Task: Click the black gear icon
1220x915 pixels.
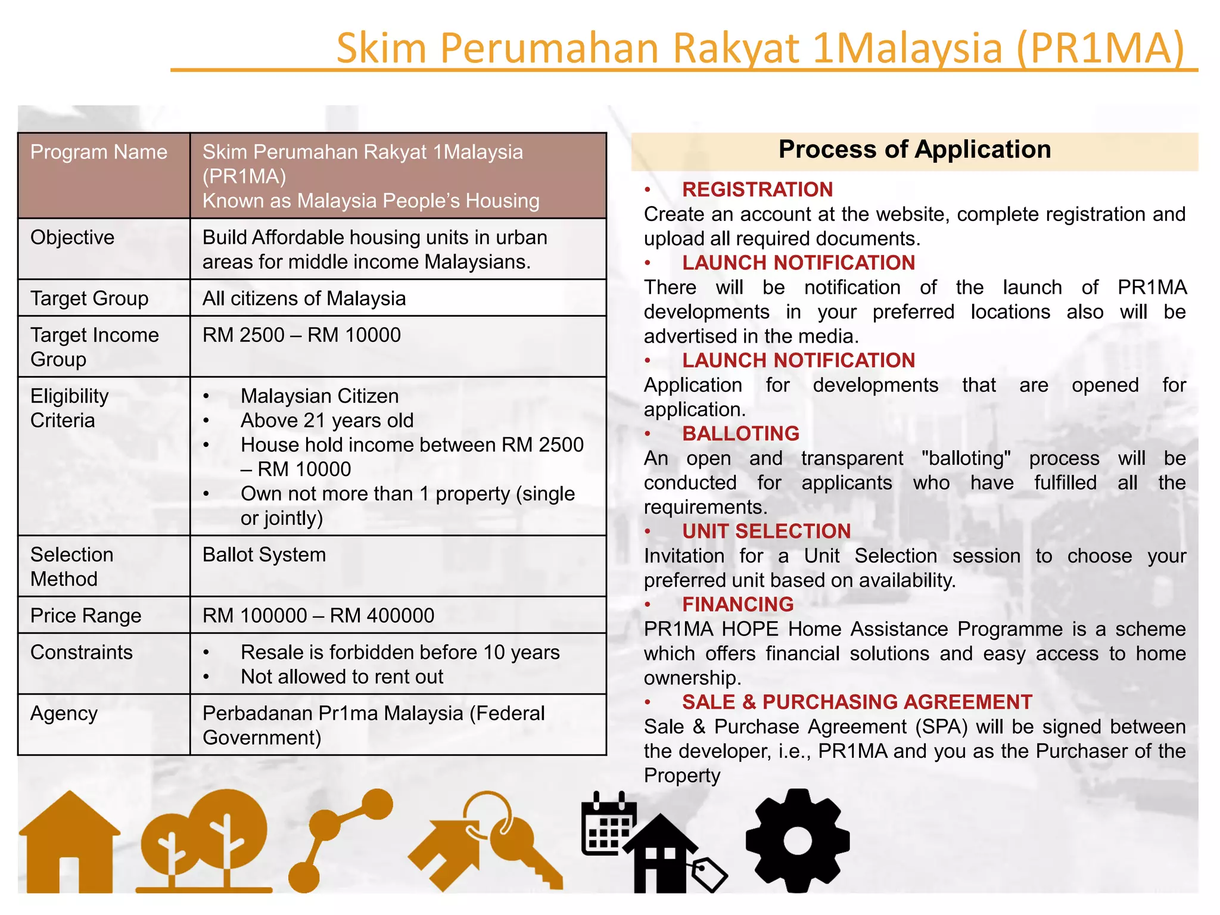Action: point(797,841)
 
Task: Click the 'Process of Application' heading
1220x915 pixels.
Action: point(914,150)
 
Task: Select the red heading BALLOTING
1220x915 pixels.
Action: point(740,434)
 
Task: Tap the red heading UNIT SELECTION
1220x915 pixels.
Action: point(766,531)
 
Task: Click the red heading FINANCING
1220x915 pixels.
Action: point(737,605)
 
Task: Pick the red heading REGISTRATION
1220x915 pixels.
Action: point(757,189)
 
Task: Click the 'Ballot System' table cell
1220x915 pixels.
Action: point(264,555)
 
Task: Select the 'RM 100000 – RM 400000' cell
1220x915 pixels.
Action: point(318,615)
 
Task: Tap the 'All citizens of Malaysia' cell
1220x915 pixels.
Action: point(304,298)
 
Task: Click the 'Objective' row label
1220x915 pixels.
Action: point(72,237)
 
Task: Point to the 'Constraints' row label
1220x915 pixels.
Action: point(82,652)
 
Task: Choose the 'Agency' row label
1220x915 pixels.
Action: point(64,713)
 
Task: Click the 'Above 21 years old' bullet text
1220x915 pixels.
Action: point(327,421)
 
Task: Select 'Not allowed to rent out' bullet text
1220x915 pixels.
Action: point(342,677)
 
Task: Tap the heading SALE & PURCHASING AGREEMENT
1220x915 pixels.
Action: point(857,702)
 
